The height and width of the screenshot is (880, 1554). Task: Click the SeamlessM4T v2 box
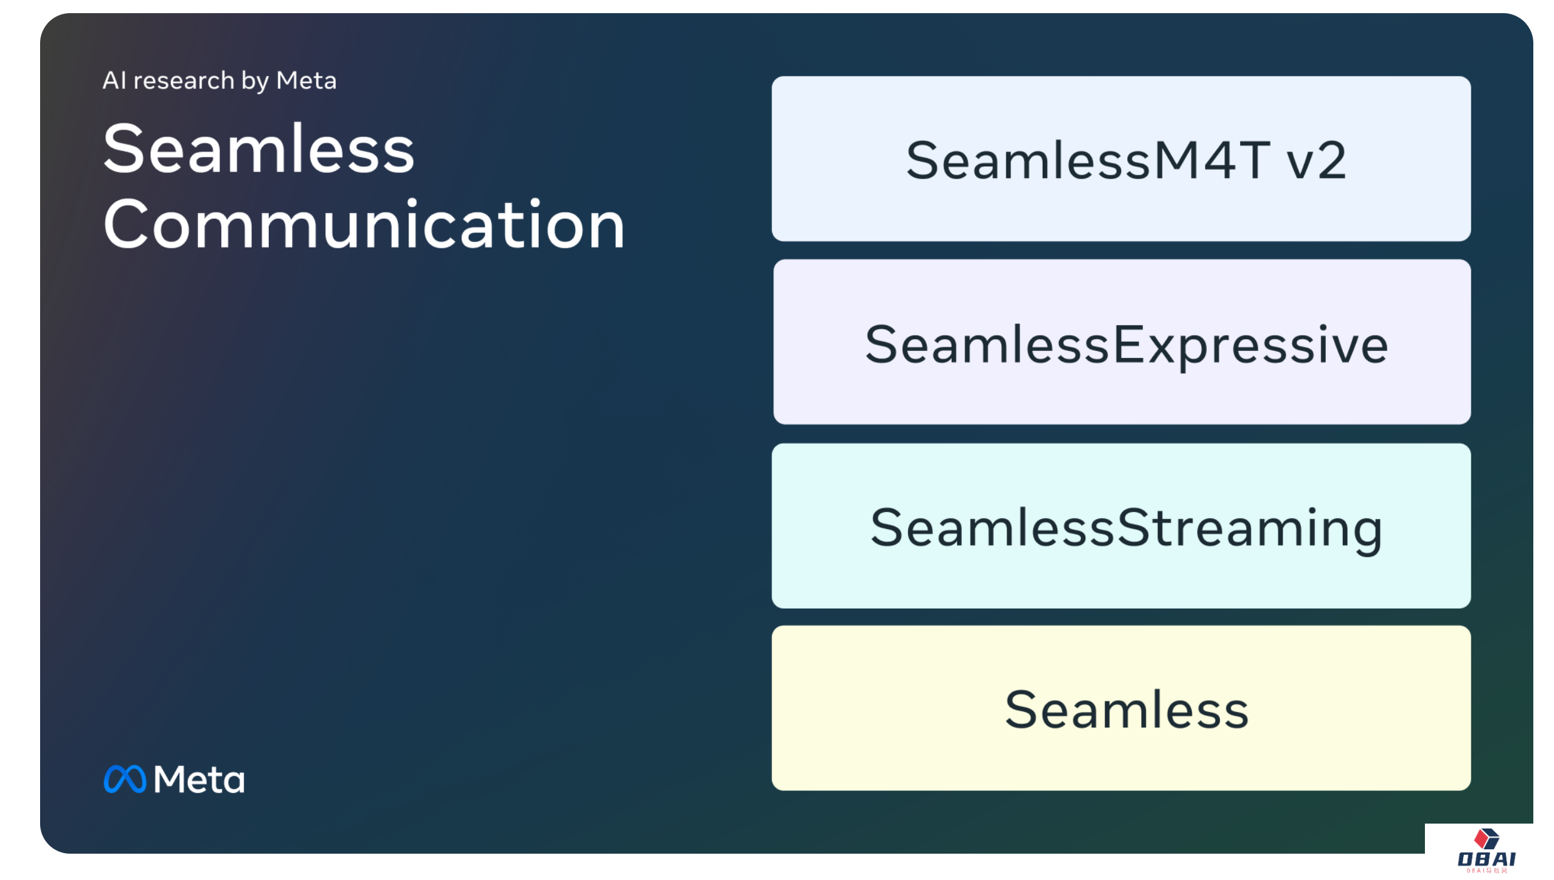pos(1120,159)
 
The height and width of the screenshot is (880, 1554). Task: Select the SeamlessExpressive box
pos(1122,342)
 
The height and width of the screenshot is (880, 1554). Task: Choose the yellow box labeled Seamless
pos(1120,708)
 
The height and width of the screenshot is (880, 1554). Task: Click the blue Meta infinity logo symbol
pos(125,779)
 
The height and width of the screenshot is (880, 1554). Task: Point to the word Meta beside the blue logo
pos(199,780)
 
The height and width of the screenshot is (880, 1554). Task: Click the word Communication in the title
pos(363,224)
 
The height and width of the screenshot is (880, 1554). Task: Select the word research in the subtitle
pos(184,81)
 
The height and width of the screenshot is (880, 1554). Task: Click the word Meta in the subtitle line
pos(306,81)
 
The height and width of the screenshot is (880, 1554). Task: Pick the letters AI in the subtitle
pos(115,81)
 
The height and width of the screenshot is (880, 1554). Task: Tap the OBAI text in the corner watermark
pos(1486,859)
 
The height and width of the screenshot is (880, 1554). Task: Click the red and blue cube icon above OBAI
pos(1486,838)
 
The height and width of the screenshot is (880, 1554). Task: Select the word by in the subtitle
pos(255,81)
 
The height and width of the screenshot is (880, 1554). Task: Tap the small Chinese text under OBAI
pos(1486,871)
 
